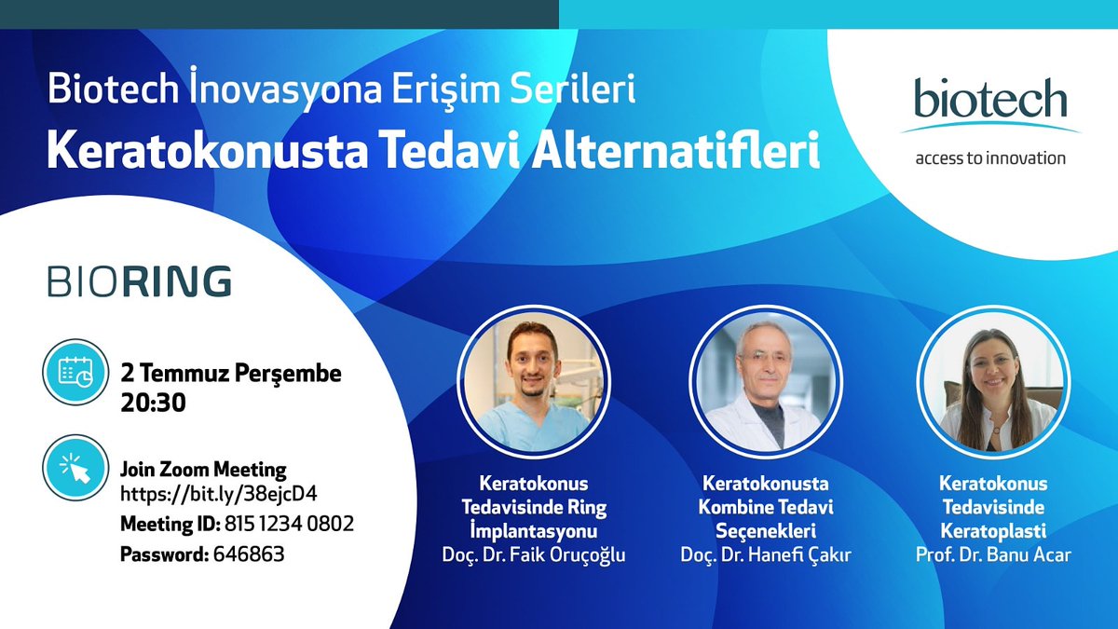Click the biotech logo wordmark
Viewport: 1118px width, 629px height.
989,101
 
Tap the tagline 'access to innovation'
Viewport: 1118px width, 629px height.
989,157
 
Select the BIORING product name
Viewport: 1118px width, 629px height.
140,281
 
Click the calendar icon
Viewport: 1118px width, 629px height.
75,374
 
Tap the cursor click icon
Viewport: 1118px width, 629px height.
75,467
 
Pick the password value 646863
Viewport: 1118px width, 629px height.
249,554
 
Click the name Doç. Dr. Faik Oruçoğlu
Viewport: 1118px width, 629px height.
534,555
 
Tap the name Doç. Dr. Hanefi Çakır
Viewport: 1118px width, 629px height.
765,555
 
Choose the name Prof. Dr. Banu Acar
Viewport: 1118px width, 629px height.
992,555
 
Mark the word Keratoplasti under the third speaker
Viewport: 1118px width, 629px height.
992,531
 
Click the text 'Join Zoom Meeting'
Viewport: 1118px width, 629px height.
203,469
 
